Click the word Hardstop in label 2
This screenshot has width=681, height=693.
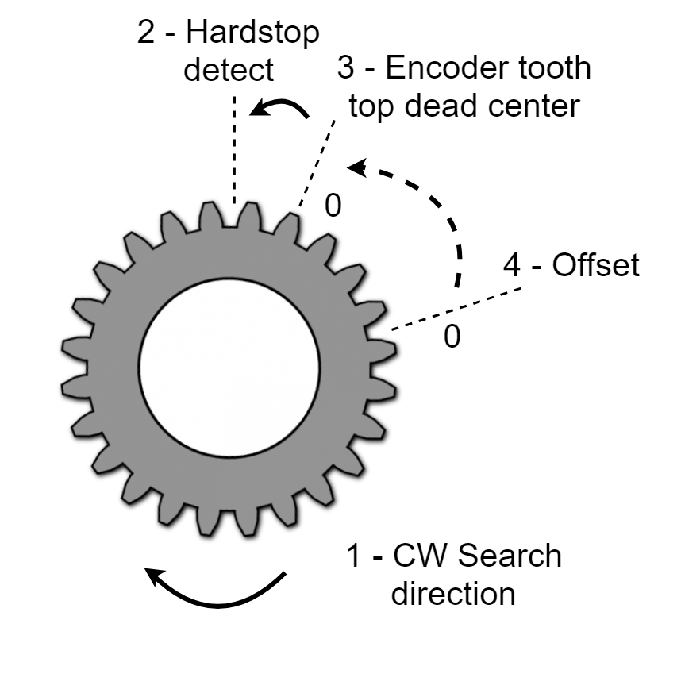point(253,34)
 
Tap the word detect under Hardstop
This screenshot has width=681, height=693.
point(229,70)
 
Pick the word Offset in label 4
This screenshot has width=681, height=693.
point(596,265)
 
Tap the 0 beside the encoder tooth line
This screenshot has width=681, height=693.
point(333,206)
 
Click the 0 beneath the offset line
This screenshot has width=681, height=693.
point(452,337)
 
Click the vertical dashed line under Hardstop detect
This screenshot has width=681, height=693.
point(235,151)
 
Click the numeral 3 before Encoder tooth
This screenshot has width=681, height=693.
point(345,68)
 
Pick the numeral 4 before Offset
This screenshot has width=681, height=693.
point(513,265)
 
